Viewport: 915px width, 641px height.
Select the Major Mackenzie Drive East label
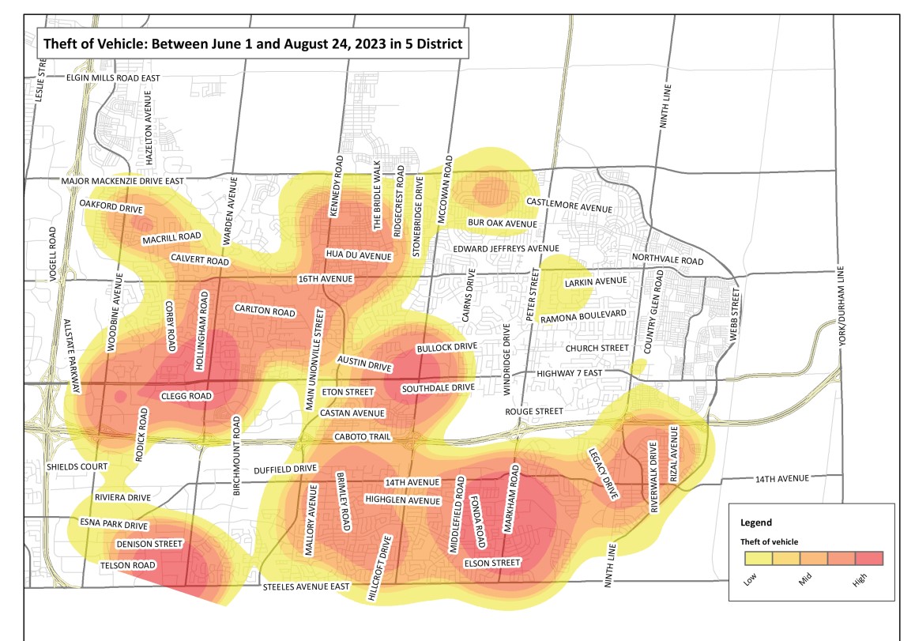click(x=122, y=181)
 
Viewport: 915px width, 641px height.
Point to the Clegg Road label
click(x=187, y=396)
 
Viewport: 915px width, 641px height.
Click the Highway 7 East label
click(x=581, y=373)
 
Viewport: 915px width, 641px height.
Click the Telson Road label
click(x=127, y=566)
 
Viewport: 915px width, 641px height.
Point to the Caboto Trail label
click(x=360, y=437)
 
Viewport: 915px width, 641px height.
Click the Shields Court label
click(x=77, y=466)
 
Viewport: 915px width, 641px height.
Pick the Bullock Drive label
click(x=446, y=347)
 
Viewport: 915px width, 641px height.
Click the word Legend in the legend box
click(x=756, y=522)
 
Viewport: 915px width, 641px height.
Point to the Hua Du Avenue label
click(x=359, y=255)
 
